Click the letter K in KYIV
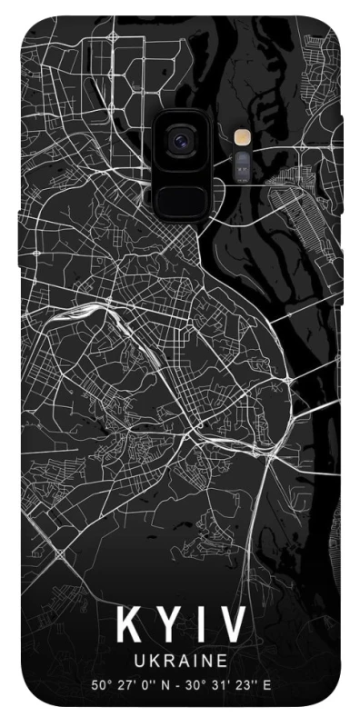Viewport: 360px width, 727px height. [x=127, y=625]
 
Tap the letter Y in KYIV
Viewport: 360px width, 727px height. [x=166, y=625]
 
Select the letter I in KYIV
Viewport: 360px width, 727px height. [x=198, y=625]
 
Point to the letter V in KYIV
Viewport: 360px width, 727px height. [x=231, y=625]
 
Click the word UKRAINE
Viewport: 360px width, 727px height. [x=180, y=658]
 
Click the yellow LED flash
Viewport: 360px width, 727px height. [x=242, y=138]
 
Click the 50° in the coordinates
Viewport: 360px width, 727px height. [x=101, y=683]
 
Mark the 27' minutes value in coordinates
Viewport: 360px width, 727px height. [x=128, y=683]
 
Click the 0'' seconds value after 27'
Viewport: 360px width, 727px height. [x=150, y=683]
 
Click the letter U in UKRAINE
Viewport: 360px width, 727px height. [x=138, y=658]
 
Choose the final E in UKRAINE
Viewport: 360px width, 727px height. [x=222, y=658]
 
